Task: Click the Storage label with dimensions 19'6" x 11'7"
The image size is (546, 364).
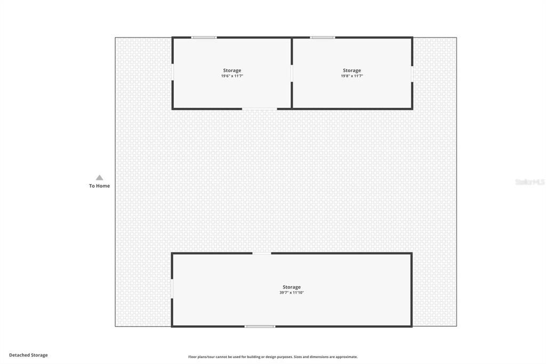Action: [x=232, y=70]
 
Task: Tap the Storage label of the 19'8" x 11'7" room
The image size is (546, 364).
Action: [x=352, y=70]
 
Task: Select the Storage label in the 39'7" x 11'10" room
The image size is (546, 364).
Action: [x=292, y=287]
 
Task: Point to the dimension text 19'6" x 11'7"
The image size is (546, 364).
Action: [x=232, y=76]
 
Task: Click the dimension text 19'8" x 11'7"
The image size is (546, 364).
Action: [x=352, y=76]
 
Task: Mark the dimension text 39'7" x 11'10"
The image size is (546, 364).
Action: [x=292, y=293]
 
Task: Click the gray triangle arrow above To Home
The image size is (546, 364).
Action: [x=99, y=178]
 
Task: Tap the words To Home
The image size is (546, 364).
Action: [x=99, y=186]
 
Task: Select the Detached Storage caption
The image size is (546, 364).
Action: [x=28, y=355]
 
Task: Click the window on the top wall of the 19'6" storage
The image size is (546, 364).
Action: [x=204, y=37]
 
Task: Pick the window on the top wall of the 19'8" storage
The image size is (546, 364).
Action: [x=323, y=37]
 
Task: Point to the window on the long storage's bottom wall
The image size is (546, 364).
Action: [x=260, y=326]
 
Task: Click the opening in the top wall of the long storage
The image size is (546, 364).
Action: [x=262, y=253]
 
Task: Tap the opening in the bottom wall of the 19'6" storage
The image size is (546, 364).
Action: [x=260, y=109]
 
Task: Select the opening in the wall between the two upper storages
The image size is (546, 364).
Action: [x=292, y=74]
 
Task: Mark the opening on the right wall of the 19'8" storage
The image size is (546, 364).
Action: [x=412, y=74]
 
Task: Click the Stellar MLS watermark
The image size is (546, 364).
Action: [x=530, y=182]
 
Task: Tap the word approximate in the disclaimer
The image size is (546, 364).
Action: [x=344, y=357]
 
